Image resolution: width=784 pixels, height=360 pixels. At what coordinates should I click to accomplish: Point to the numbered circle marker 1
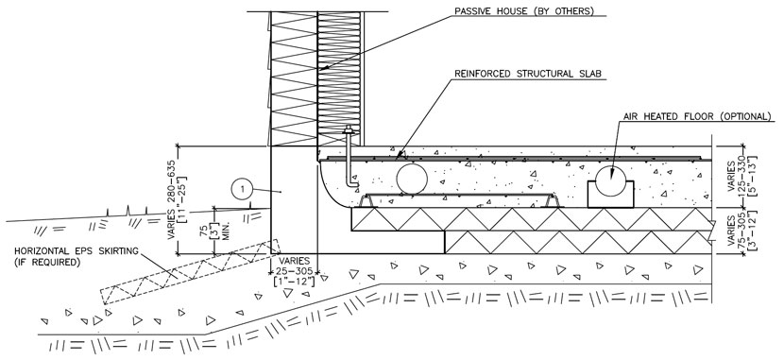pyautogui.click(x=244, y=189)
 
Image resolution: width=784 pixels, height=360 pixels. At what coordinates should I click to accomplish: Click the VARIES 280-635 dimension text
pyautogui.click(x=172, y=201)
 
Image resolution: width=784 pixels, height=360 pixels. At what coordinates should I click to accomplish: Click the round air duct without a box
pyautogui.click(x=411, y=177)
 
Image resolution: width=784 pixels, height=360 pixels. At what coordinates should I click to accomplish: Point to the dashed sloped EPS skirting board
pyautogui.click(x=179, y=274)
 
